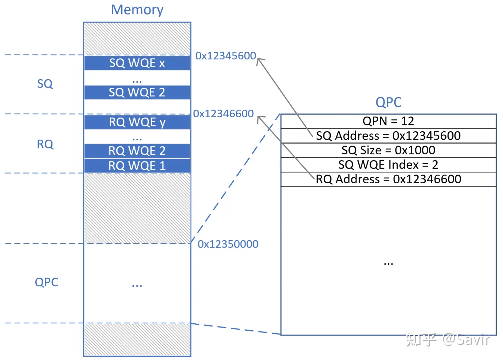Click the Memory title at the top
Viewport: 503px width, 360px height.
[137, 10]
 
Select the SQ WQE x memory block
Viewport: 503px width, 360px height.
[137, 63]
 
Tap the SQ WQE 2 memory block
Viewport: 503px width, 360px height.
[137, 93]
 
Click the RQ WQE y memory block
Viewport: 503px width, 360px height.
[137, 122]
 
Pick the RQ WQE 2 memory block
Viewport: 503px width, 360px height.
[137, 151]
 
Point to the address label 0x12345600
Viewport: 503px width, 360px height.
[226, 56]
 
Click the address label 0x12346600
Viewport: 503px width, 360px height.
[224, 114]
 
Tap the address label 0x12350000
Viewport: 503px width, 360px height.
[228, 244]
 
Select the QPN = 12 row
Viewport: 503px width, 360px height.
[388, 121]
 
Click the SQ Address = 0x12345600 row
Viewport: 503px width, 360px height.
[388, 136]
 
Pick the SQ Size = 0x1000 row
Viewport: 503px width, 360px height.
[388, 150]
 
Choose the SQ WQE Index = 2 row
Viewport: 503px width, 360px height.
[388, 165]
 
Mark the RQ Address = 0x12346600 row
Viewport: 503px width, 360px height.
[388, 179]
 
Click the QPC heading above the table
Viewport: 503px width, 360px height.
[388, 102]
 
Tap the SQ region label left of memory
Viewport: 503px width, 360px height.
[45, 84]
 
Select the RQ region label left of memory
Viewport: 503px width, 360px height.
[45, 144]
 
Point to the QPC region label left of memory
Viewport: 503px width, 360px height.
[46, 282]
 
